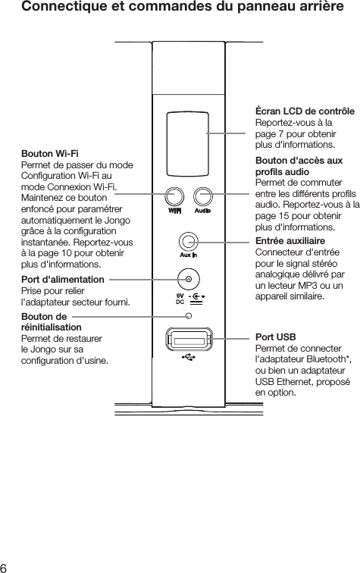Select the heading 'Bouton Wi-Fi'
point(50,155)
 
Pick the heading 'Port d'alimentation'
point(63,280)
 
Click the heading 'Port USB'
point(276,336)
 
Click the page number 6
point(5,565)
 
